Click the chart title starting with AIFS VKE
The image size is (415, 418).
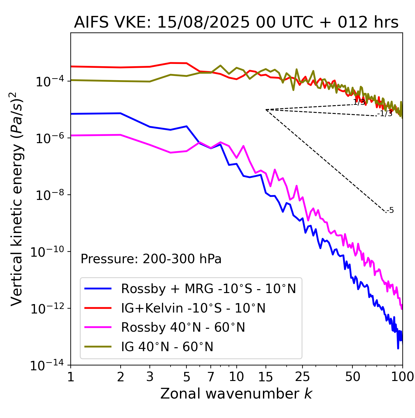(x=236, y=23)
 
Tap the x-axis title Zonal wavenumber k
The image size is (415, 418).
(x=236, y=394)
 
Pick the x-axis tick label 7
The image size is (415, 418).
(x=211, y=377)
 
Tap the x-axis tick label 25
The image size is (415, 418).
(x=302, y=377)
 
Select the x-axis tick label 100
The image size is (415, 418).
(x=402, y=377)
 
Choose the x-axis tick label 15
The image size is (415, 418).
(x=266, y=377)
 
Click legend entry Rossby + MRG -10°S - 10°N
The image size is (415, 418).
(x=208, y=289)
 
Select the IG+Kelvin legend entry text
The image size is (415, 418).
(x=193, y=308)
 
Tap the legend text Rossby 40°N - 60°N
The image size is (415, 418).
(x=183, y=327)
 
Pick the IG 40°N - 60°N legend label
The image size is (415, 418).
(x=167, y=347)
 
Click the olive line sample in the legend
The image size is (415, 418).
(x=98, y=347)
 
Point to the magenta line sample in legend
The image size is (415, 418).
(x=98, y=327)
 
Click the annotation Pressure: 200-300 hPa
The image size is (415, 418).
(x=151, y=259)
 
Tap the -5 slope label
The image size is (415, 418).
(x=390, y=211)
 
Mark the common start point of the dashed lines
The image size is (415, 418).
(x=266, y=110)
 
